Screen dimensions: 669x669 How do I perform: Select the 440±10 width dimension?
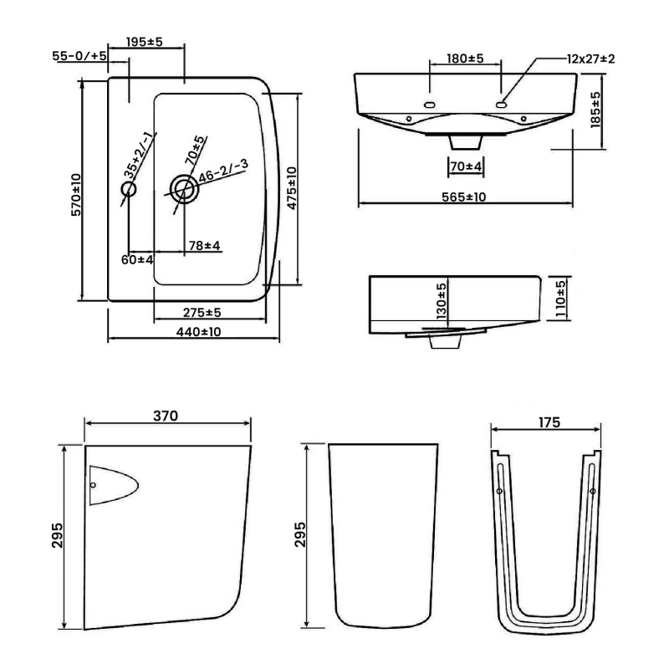(x=198, y=331)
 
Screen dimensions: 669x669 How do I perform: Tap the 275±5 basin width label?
(x=202, y=312)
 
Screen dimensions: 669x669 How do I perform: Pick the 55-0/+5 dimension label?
(x=79, y=55)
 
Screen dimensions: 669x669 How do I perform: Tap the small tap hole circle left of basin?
(x=128, y=190)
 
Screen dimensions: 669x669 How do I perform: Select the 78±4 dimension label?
(x=203, y=246)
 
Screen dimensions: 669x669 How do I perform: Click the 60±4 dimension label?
(x=137, y=260)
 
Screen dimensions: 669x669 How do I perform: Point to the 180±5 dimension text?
(x=467, y=59)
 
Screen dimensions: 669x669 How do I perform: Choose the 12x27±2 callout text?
(x=590, y=59)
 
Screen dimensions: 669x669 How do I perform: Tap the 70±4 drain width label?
(x=466, y=166)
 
